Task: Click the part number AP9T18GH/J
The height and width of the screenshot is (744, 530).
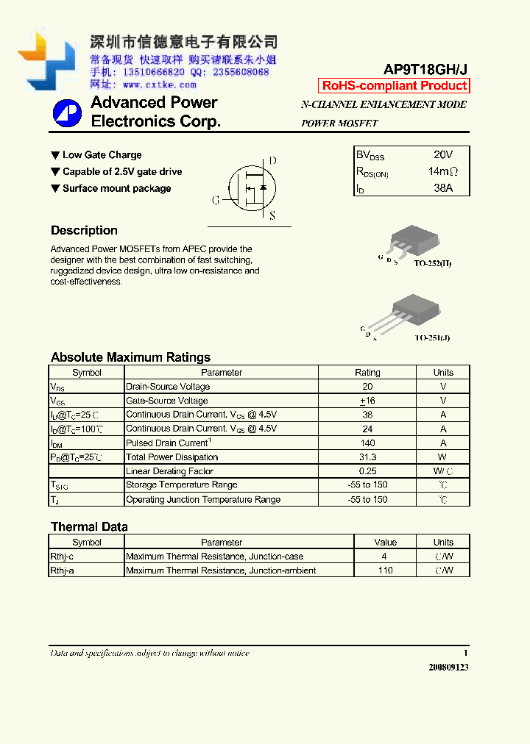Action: (425, 69)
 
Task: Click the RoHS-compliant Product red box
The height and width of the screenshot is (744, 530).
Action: (394, 86)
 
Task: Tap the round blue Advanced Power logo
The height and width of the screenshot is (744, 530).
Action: (67, 113)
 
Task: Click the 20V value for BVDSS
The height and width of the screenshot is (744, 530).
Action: (443, 154)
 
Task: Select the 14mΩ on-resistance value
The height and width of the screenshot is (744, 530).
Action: (443, 171)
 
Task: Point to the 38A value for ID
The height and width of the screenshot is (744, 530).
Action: (443, 188)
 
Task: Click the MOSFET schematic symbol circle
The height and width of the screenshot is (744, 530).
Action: (251, 188)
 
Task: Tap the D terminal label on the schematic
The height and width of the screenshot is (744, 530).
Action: (272, 161)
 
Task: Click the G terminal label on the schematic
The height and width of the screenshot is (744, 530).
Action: (216, 200)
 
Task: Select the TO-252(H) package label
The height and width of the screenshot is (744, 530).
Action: (432, 263)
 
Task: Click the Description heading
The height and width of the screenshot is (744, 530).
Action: (84, 230)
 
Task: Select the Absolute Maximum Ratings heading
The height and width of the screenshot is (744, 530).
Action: (130, 357)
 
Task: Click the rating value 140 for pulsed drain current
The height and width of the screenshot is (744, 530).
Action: (367, 443)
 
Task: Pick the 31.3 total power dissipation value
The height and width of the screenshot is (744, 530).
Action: (367, 457)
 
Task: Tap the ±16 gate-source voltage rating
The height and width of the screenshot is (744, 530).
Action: (367, 401)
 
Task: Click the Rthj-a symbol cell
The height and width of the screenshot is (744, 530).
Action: (63, 570)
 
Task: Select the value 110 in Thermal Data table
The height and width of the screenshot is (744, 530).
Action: (385, 570)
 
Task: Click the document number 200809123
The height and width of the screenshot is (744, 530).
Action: (448, 667)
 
